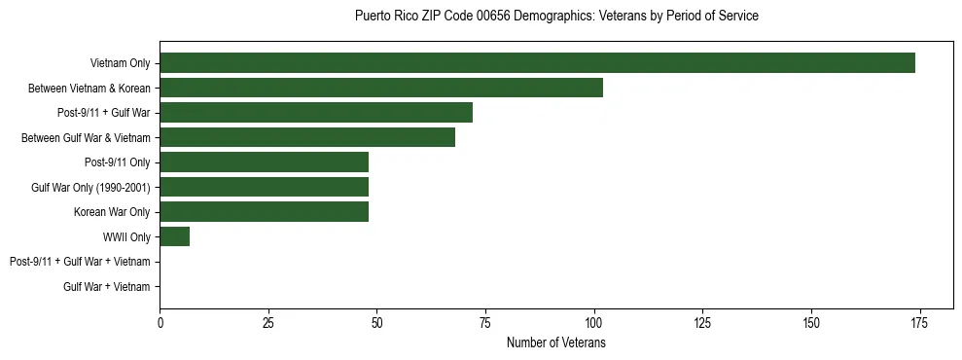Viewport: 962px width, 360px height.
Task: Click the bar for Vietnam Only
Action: click(537, 63)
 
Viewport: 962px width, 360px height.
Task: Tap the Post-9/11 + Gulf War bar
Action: click(316, 113)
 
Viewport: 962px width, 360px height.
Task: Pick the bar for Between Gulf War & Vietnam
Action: click(307, 137)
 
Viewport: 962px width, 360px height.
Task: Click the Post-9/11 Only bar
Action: click(264, 162)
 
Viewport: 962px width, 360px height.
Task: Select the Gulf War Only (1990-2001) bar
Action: click(264, 187)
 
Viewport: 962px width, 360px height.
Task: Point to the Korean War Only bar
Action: click(264, 212)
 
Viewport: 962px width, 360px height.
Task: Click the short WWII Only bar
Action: click(175, 236)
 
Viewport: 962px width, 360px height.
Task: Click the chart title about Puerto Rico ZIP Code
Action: click(556, 17)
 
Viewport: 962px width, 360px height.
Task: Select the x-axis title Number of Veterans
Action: click(556, 343)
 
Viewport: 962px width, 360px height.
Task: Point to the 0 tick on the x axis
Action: click(160, 323)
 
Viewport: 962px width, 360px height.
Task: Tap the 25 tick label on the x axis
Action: click(268, 323)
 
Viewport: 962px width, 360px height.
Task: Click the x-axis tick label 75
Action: click(485, 323)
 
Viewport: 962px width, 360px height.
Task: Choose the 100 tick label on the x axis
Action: click(593, 323)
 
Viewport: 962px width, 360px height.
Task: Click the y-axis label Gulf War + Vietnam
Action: click(107, 287)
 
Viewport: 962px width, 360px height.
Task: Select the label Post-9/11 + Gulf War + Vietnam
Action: click(80, 262)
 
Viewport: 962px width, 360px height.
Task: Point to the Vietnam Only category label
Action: click(120, 63)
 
